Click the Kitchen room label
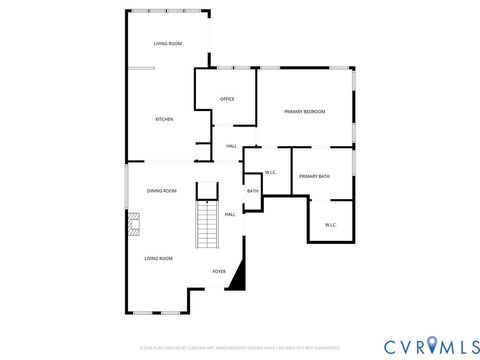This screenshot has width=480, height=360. pos(164,119)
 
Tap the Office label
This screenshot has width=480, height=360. pos(227,99)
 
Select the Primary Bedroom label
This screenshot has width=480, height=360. pos(304,111)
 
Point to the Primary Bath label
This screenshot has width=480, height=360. pos(314,176)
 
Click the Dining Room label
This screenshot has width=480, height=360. pos(162,190)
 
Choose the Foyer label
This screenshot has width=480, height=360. pos(219,271)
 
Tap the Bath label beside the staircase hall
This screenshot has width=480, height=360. pos(253,190)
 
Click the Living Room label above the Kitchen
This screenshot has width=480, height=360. pos(167,44)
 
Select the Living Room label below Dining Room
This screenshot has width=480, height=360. pos(158,258)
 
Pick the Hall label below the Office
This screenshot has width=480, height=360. pos(231,147)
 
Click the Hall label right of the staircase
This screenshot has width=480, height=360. pos(230,214)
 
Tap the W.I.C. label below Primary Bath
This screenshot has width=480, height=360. pos(331,224)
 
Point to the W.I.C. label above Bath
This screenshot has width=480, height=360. pos(270,171)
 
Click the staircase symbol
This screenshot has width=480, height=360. pos(206,225)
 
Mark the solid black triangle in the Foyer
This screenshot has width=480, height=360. pos(237,278)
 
